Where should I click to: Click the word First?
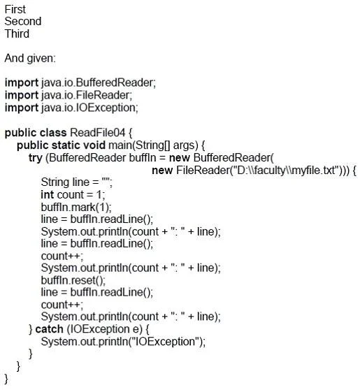pyautogui.click(x=15, y=10)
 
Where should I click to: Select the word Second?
pyautogui.click(x=23, y=22)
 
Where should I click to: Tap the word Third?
pyautogui.click(x=17, y=34)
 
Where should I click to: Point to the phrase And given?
pyautogui.click(x=30, y=59)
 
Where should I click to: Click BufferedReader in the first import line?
pyautogui.click(x=115, y=82)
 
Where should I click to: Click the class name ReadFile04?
pyautogui.click(x=98, y=133)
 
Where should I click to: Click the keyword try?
pyautogui.click(x=36, y=158)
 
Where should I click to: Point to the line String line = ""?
pyautogui.click(x=77, y=182)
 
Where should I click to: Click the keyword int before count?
pyautogui.click(x=48, y=194)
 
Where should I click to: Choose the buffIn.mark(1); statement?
pyautogui.click(x=76, y=207)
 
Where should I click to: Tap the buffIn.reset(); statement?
pyautogui.click(x=73, y=280)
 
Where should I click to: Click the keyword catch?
pyautogui.click(x=49, y=329)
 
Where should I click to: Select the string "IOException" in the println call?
pyautogui.click(x=165, y=342)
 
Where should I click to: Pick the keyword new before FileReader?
pyautogui.click(x=162, y=171)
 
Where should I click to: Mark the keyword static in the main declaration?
pyautogui.click(x=66, y=145)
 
